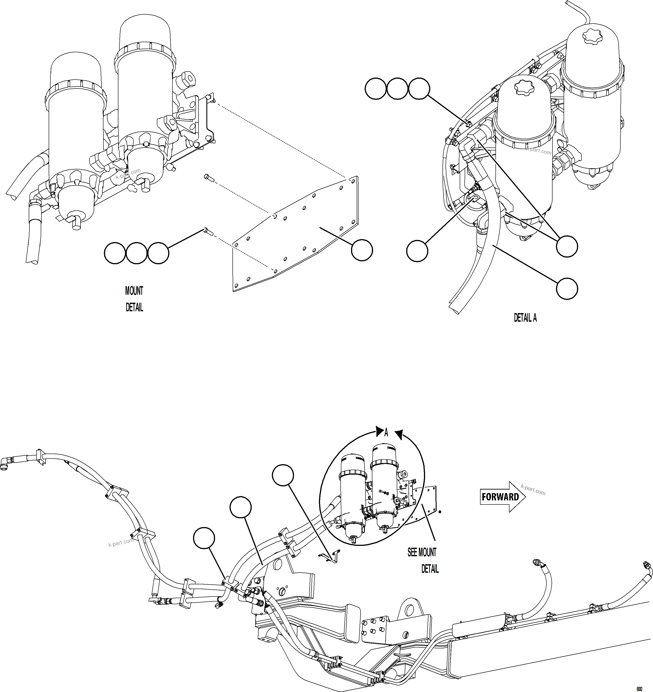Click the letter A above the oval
pyautogui.click(x=386, y=433)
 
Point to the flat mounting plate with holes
pyautogui.click(x=296, y=237)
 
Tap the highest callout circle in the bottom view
pyautogui.click(x=283, y=475)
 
